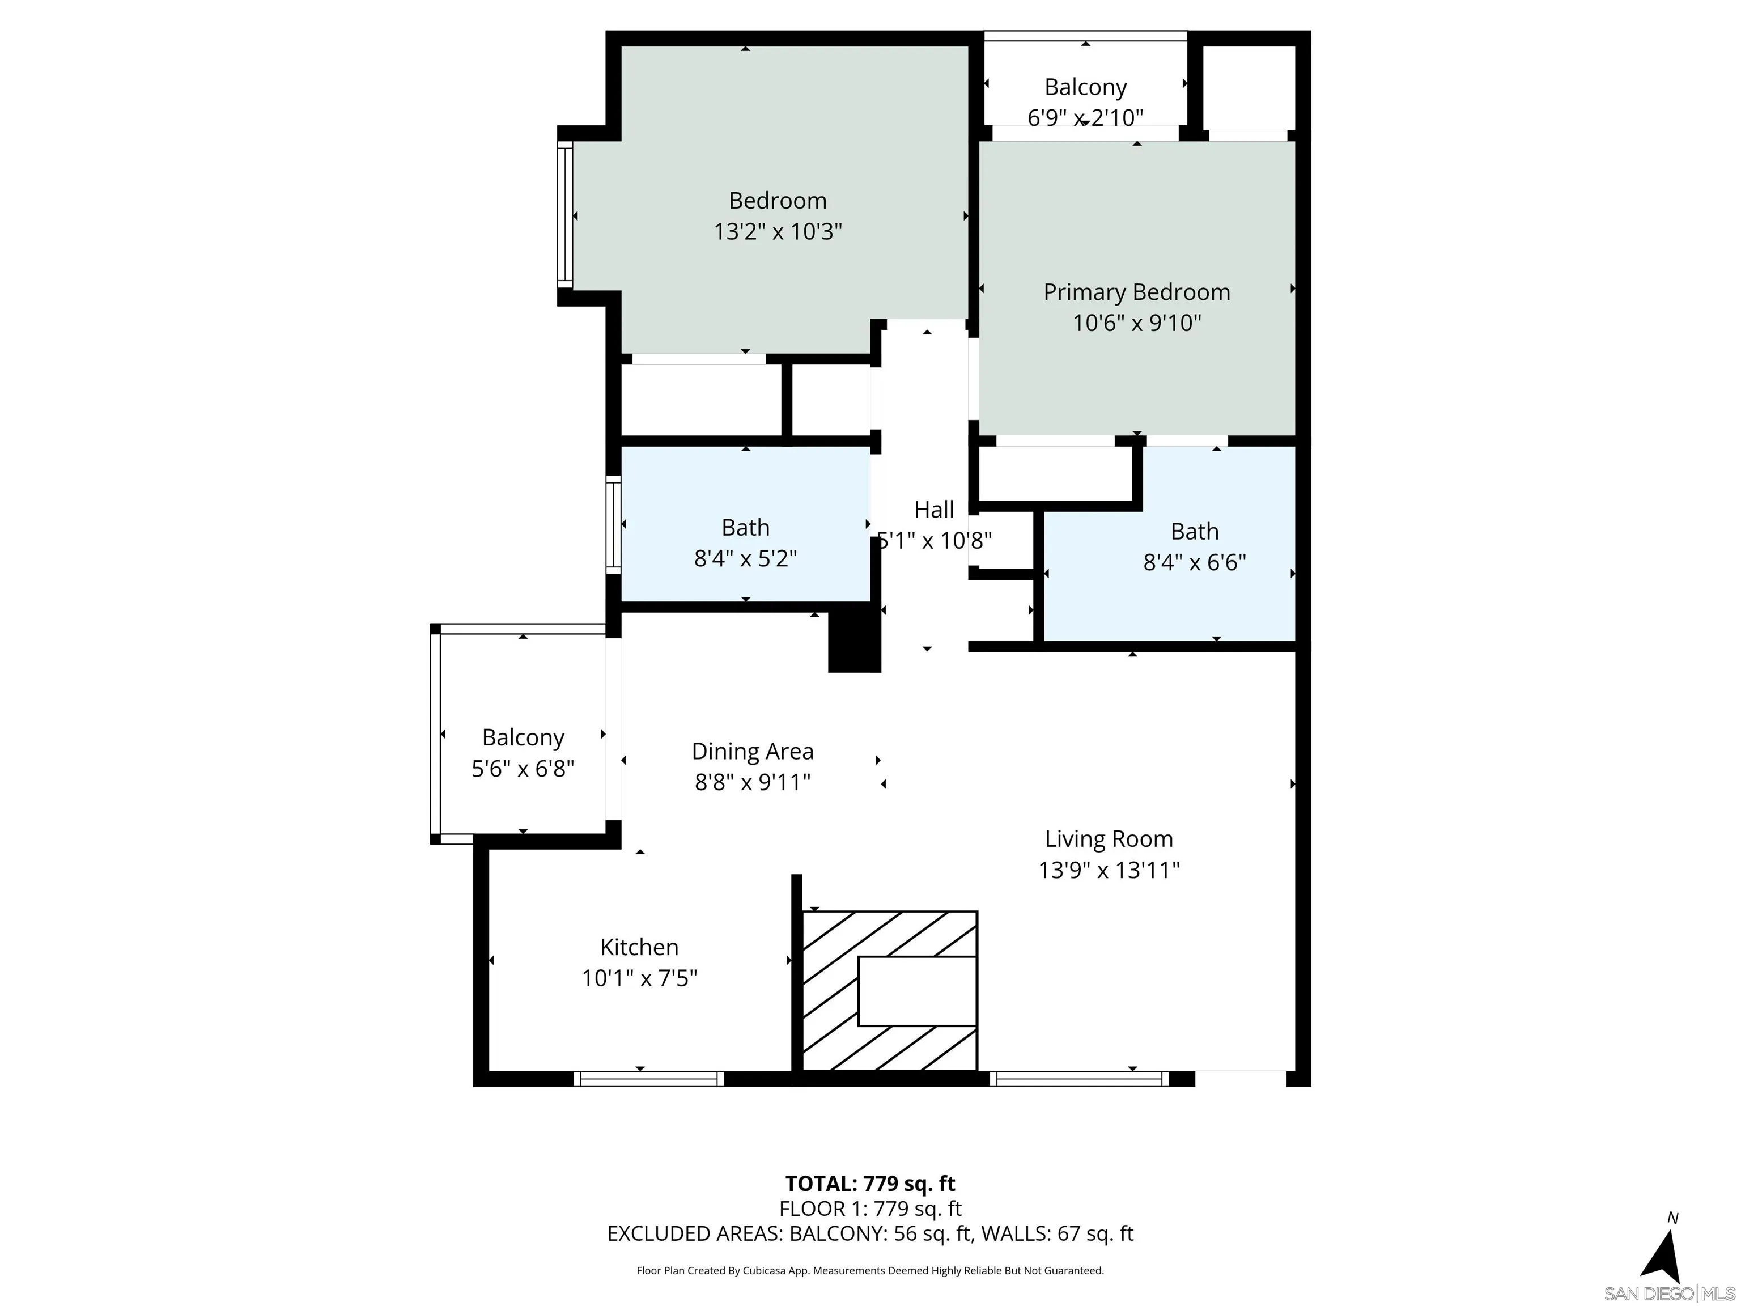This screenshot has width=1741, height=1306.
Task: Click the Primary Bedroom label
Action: (1136, 292)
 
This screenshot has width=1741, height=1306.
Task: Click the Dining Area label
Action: (753, 751)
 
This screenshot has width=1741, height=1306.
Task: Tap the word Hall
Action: (934, 510)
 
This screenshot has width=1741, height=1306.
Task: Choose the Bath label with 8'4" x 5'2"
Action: (745, 527)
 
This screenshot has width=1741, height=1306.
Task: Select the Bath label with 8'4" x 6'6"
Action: (1194, 531)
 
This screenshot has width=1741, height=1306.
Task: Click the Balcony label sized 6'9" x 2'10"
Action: (1085, 87)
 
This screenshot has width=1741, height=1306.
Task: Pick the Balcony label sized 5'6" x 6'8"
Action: (523, 737)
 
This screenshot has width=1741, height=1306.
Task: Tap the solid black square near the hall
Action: (854, 644)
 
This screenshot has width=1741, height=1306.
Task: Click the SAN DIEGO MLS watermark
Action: (1668, 1294)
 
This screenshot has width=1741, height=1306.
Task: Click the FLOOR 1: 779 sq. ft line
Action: (870, 1209)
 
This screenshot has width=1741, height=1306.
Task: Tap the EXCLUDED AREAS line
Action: (870, 1233)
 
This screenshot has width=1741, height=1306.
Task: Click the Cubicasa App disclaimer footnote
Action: (870, 1271)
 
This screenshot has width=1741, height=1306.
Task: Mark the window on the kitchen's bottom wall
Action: (648, 1079)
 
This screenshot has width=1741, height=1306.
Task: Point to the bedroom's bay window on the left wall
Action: (564, 215)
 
